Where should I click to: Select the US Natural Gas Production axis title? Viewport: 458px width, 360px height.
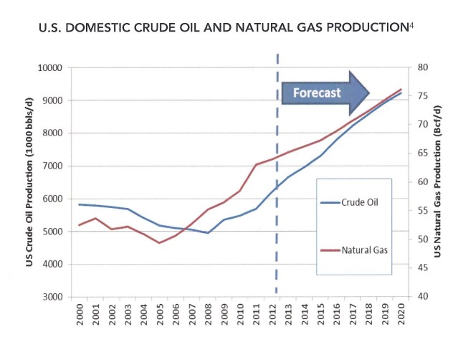pyautogui.click(x=437, y=182)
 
